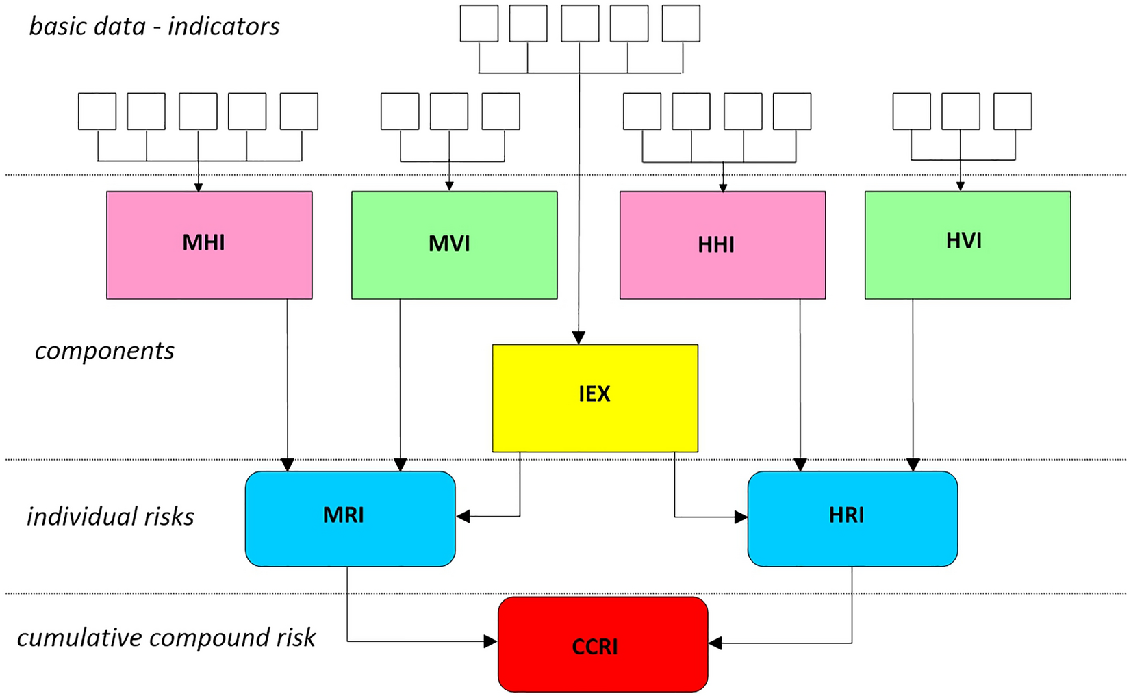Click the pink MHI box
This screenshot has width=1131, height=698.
(x=209, y=244)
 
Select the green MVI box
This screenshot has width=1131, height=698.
(x=454, y=244)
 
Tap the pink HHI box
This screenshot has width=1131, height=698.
(x=722, y=244)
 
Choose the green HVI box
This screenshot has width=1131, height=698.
(x=967, y=244)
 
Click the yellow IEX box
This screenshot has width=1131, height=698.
(x=595, y=398)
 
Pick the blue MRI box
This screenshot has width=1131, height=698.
(x=350, y=518)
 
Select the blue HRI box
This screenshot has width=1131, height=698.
(x=852, y=518)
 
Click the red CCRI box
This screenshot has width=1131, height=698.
(x=602, y=644)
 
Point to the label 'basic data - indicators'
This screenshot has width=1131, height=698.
(x=154, y=26)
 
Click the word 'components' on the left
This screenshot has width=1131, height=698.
(x=104, y=350)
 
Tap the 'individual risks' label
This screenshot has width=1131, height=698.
(x=110, y=516)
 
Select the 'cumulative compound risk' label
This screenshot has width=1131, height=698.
(x=166, y=637)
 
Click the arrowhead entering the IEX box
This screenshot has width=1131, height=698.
(x=579, y=338)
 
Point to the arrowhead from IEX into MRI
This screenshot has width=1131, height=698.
(x=463, y=516)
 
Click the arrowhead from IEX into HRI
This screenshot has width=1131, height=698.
(x=741, y=517)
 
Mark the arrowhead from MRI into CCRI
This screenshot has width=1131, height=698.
(x=491, y=641)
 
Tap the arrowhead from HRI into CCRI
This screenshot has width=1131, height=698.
(x=715, y=643)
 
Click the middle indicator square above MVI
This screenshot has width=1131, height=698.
(x=449, y=112)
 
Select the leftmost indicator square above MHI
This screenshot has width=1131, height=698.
(x=97, y=112)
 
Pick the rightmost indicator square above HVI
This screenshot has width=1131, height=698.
(x=1013, y=112)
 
